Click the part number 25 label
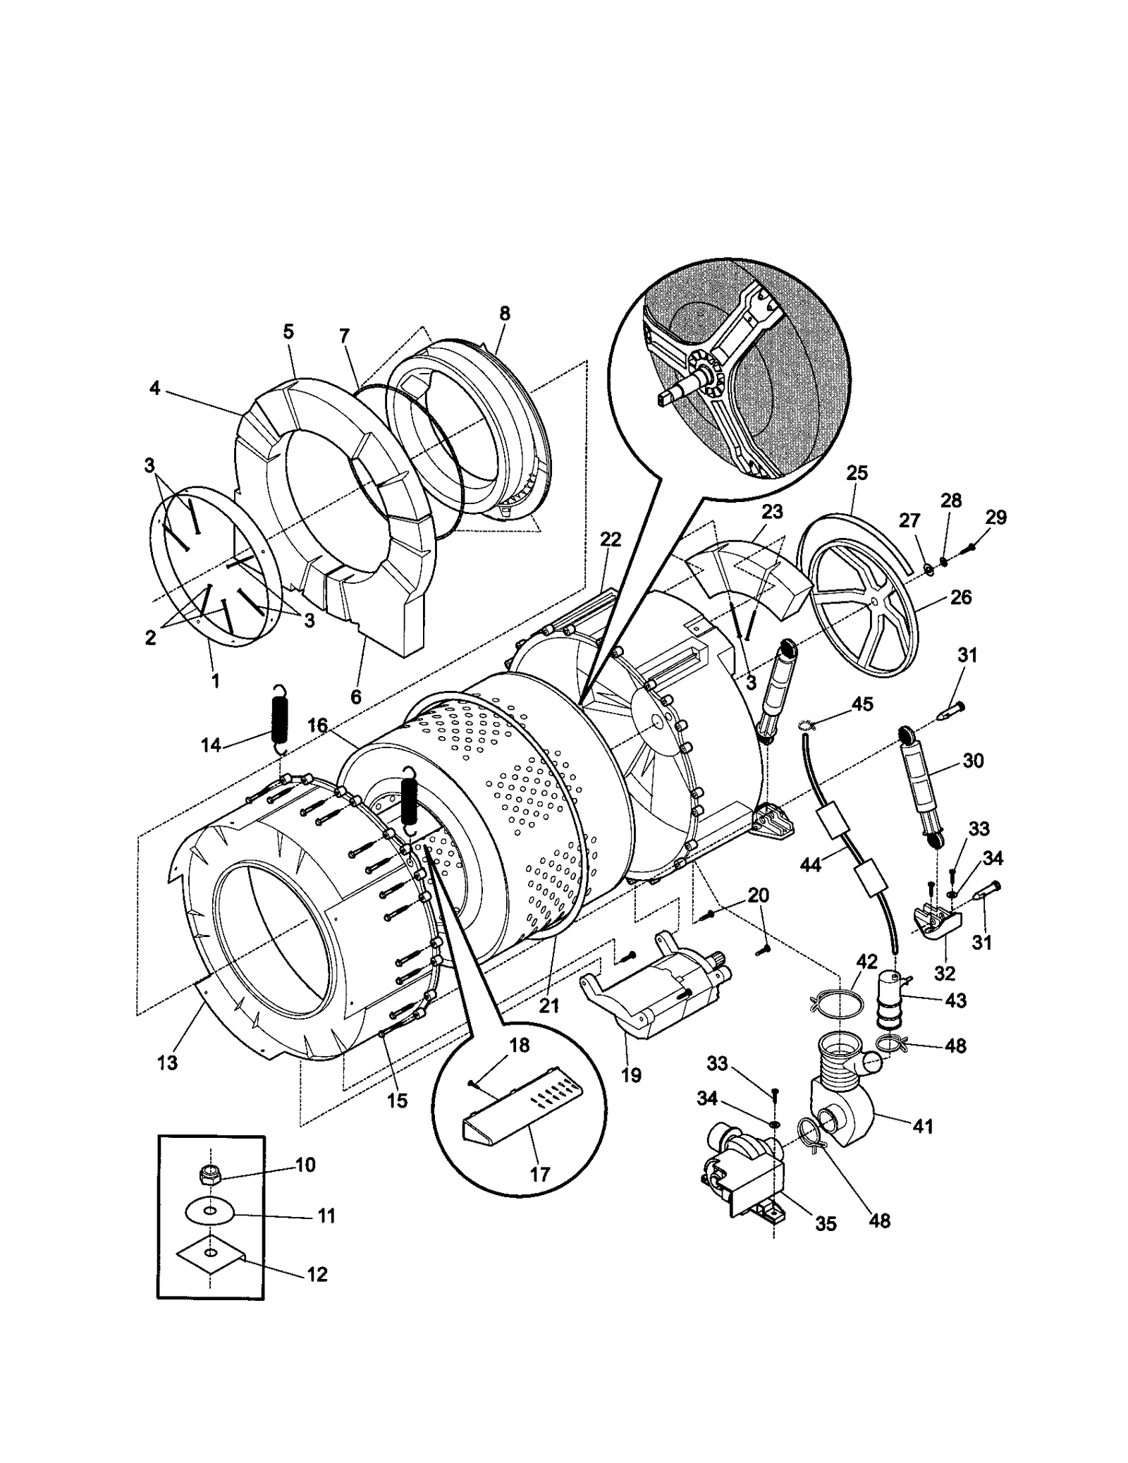[857, 473]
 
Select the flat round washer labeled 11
[210, 1212]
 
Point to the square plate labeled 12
[210, 1254]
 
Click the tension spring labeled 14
[280, 718]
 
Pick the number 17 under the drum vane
[539, 1175]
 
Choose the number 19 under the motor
[631, 1075]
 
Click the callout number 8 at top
[505, 314]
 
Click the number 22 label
[611, 539]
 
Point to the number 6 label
[355, 697]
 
